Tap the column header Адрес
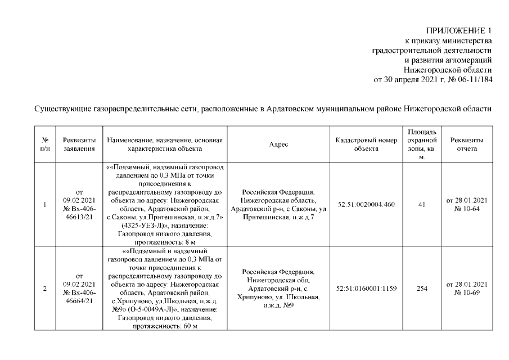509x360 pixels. pos(278,145)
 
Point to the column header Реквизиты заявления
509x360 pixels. pos(79,145)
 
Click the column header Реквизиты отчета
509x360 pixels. pos(466,145)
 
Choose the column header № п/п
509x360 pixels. pos(44,145)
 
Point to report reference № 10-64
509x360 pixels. pos(466,209)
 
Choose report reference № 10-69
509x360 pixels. pos(466,293)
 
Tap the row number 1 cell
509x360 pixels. pos(44,204)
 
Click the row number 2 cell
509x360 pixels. pos(44,289)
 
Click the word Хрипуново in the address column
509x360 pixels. pos(259,296)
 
